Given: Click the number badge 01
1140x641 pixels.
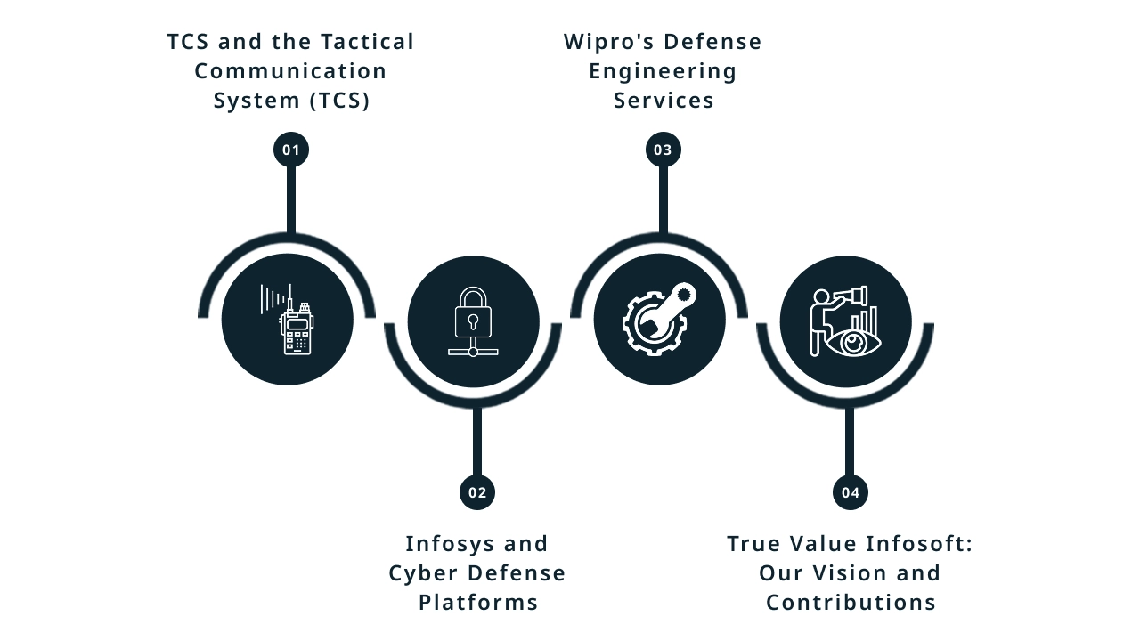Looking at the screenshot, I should (x=291, y=150).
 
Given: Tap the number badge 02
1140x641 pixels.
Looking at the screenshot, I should (x=477, y=492).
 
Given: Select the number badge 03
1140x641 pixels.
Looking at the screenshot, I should (x=664, y=150).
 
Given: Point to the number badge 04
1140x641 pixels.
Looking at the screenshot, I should (x=851, y=492).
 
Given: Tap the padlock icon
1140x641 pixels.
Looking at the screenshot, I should (x=473, y=312).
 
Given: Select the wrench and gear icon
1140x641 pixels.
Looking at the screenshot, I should (x=660, y=320).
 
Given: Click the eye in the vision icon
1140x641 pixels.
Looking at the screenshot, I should (x=852, y=342).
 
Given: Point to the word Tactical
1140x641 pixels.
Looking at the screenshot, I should (x=368, y=42).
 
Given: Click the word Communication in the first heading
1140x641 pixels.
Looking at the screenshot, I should (x=291, y=71).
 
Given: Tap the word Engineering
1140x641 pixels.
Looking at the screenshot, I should (x=664, y=71).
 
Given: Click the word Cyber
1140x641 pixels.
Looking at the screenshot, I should (x=424, y=572).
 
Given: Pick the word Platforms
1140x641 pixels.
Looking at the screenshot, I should (x=478, y=602).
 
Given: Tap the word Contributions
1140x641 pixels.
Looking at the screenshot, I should (x=851, y=602).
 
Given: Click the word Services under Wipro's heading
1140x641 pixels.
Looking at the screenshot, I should (x=664, y=101).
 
